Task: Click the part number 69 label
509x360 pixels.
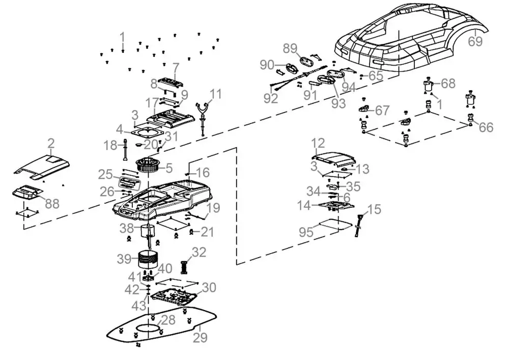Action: click(x=475, y=41)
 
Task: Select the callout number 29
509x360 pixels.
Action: click(x=200, y=338)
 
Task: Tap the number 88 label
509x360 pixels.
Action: click(x=52, y=204)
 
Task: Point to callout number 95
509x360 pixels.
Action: click(x=306, y=232)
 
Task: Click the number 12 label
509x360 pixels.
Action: click(x=318, y=143)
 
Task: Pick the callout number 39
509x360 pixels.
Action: click(x=124, y=259)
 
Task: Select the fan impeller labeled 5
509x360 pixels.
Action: click(x=149, y=164)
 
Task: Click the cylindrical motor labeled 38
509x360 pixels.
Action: click(x=147, y=232)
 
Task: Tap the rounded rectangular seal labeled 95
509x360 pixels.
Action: click(x=335, y=225)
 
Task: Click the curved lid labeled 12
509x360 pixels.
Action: click(x=333, y=158)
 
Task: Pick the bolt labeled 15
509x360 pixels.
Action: click(x=359, y=225)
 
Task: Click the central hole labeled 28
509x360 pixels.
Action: click(x=149, y=327)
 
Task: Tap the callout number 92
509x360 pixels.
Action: click(x=271, y=98)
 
